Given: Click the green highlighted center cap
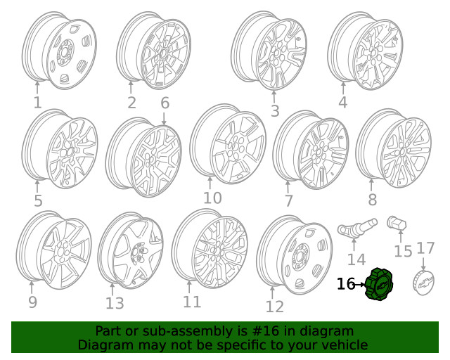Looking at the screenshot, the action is (x=379, y=284).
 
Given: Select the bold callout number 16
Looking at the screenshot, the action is (x=346, y=284).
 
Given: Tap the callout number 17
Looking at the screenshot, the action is (x=425, y=248).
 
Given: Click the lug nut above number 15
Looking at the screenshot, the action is (x=397, y=223).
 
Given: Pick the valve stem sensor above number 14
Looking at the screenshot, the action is (x=357, y=228).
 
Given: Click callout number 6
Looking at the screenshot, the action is (x=165, y=103).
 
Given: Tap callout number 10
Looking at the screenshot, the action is (x=212, y=198).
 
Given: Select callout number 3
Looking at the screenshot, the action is (x=275, y=111).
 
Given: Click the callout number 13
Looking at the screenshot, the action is (x=115, y=304).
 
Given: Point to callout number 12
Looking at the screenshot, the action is (x=275, y=307).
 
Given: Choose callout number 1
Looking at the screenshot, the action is (x=37, y=103).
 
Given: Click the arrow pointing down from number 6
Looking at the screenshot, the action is (x=164, y=119).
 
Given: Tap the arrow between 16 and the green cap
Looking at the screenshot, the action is (x=361, y=285).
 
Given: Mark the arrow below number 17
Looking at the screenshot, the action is (x=423, y=264).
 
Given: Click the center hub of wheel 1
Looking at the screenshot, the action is (x=64, y=53).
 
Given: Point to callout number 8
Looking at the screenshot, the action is (x=372, y=200).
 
